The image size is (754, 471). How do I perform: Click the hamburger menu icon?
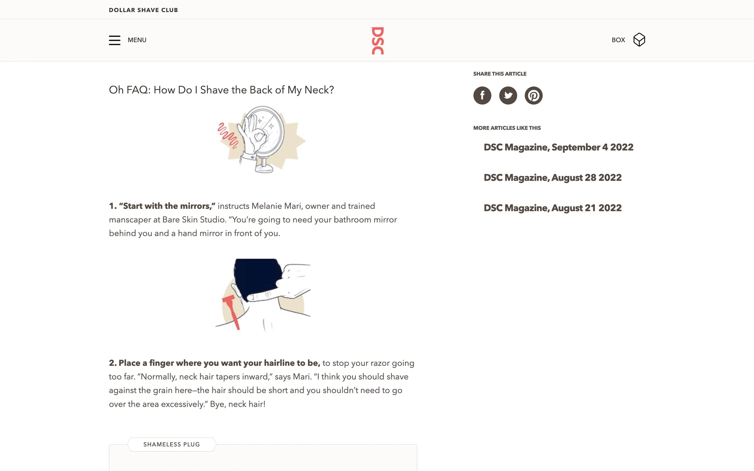pyautogui.click(x=115, y=40)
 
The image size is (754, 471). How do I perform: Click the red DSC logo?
pyautogui.click(x=377, y=40)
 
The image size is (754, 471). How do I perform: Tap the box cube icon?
pyautogui.click(x=639, y=40)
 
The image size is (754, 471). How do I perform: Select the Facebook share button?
pyautogui.click(x=482, y=95)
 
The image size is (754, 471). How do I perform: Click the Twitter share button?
pyautogui.click(x=508, y=95)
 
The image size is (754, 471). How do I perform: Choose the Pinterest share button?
pyautogui.click(x=534, y=95)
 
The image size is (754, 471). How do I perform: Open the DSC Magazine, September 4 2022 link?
pyautogui.click(x=558, y=147)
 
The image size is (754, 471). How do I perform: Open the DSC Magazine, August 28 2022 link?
pyautogui.click(x=553, y=177)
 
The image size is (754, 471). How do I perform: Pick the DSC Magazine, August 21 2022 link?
pyautogui.click(x=553, y=208)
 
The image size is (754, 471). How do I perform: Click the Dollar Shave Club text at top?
pyautogui.click(x=143, y=10)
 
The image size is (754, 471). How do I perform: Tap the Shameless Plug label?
pyautogui.click(x=172, y=444)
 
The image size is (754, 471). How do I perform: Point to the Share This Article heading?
pyautogui.click(x=500, y=74)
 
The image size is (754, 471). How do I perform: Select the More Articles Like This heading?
pyautogui.click(x=507, y=128)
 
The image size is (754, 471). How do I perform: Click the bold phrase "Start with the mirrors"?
pyautogui.click(x=167, y=206)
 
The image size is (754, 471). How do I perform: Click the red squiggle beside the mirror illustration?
pyautogui.click(x=228, y=135)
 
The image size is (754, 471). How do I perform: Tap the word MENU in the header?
pyautogui.click(x=137, y=40)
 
